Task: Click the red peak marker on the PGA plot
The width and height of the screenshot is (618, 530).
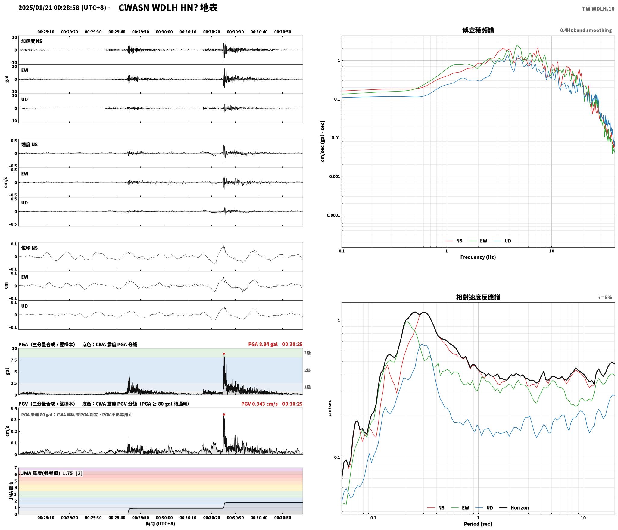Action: click(224, 354)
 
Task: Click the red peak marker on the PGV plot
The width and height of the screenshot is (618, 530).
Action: click(224, 414)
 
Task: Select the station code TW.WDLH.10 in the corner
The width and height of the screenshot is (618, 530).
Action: click(598, 9)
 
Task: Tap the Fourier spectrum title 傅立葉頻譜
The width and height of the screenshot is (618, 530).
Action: click(478, 30)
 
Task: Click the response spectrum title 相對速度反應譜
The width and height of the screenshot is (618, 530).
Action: click(478, 297)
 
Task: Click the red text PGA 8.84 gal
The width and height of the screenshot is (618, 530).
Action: click(263, 344)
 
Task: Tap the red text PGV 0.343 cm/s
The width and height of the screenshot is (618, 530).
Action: click(259, 404)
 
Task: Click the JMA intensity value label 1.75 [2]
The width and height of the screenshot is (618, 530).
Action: click(72, 473)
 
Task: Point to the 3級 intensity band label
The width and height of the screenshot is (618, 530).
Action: click(307, 353)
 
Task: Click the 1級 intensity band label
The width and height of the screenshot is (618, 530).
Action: click(307, 387)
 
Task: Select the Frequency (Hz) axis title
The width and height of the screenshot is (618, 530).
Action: click(478, 257)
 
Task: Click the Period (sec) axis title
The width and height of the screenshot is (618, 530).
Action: click(478, 524)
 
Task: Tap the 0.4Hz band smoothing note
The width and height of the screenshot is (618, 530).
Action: click(586, 30)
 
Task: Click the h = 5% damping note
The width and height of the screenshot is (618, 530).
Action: click(604, 298)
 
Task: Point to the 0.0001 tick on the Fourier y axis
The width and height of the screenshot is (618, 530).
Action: click(333, 215)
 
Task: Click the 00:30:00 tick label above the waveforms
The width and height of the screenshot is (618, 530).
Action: click(164, 32)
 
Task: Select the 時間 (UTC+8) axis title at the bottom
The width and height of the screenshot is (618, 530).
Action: click(161, 523)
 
